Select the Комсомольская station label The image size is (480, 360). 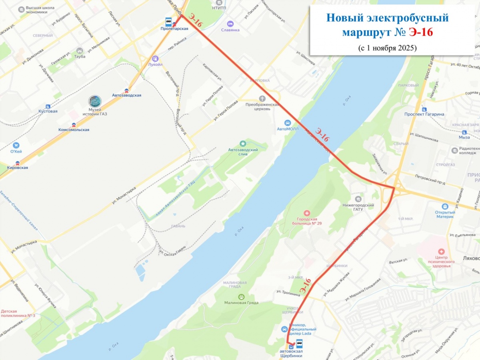[x=73, y=130]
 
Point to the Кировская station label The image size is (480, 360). [x=17, y=168]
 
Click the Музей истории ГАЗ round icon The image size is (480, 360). [x=95, y=101]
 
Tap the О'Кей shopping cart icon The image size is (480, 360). [x=16, y=145]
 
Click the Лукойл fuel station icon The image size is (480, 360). [x=156, y=58]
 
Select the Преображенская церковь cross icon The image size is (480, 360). [x=262, y=98]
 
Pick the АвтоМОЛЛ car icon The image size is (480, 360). [x=288, y=123]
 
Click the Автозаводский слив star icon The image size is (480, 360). [x=243, y=143]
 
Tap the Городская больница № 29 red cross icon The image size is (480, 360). [x=307, y=213]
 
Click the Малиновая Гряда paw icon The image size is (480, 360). [x=241, y=296]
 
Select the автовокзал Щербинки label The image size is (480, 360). [x=291, y=354]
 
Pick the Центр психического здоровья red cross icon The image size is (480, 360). [x=441, y=252]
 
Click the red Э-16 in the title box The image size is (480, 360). [x=420, y=32]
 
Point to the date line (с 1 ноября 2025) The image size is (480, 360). [x=387, y=48]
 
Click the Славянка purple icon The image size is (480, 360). [x=230, y=24]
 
